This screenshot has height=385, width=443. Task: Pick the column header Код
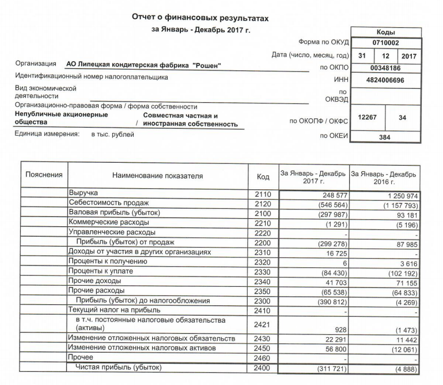tap(263, 176)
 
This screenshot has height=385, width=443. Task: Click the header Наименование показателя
tap(157, 176)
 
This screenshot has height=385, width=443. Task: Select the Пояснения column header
tap(44, 174)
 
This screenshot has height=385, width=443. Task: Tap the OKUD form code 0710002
tap(385, 43)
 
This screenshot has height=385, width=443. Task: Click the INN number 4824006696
tap(385, 80)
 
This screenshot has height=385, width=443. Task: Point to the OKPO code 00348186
tap(385, 68)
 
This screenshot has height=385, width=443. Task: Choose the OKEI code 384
tap(385, 137)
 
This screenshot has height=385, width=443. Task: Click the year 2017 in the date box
tap(409, 55)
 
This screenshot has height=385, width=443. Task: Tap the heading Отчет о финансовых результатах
tap(200, 18)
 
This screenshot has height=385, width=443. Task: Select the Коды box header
tap(385, 32)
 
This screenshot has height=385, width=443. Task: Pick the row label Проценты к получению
tap(108, 261)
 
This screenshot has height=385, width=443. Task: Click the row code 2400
tap(263, 368)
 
